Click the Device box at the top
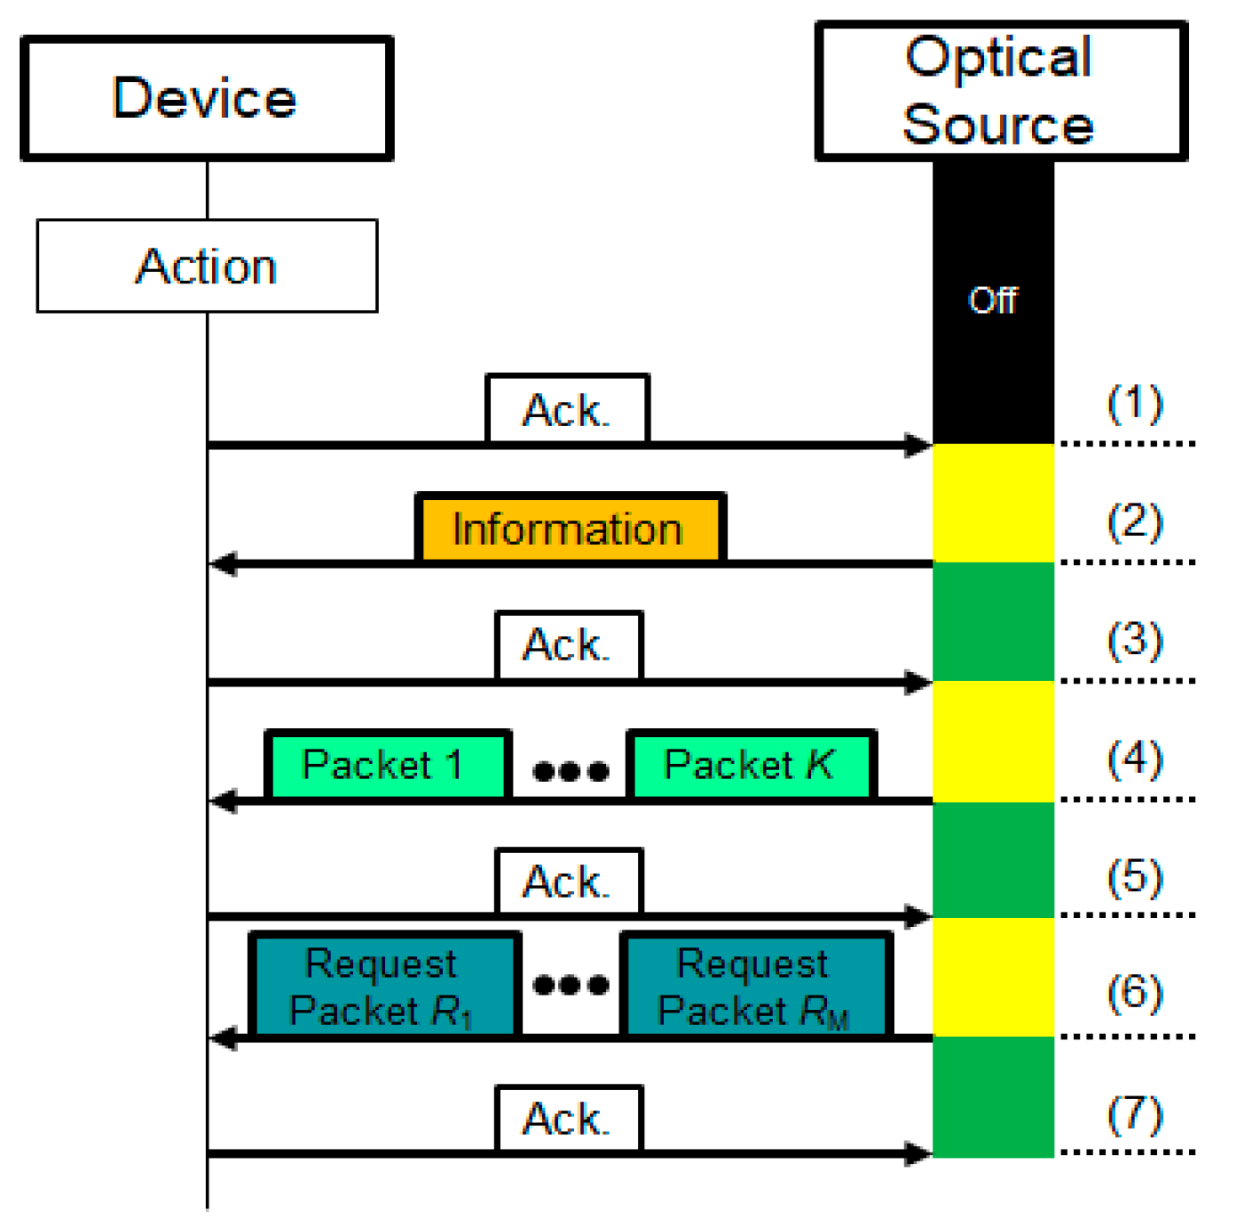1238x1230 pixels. [x=206, y=98]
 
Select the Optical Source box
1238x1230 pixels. [x=1000, y=91]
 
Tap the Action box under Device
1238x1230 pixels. [x=207, y=266]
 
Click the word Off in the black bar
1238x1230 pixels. [x=993, y=300]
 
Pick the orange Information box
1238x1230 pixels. [x=570, y=529]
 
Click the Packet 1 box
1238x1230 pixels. [x=387, y=765]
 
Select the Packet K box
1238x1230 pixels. [x=751, y=765]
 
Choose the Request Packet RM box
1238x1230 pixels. [x=756, y=986]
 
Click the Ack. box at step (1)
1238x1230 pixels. [x=567, y=409]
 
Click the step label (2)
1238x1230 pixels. [x=1135, y=522]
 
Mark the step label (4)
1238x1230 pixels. [x=1135, y=759]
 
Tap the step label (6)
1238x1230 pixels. [x=1135, y=993]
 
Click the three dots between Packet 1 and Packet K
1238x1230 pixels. [x=570, y=770]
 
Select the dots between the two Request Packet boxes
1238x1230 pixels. [x=570, y=985]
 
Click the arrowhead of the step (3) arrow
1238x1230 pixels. [x=918, y=683]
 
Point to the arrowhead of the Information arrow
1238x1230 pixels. [x=223, y=564]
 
